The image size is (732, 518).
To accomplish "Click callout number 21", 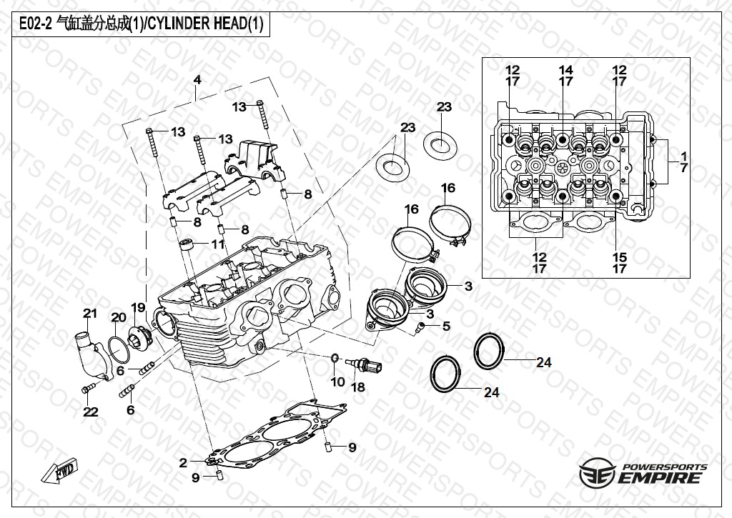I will click(x=89, y=313).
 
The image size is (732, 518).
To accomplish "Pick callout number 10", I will click(x=337, y=382).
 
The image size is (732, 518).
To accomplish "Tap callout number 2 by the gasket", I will click(x=183, y=462).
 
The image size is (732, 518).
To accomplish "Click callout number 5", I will click(x=446, y=327).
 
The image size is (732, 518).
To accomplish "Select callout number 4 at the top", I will click(x=197, y=79).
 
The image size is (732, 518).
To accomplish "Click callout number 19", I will click(x=138, y=307).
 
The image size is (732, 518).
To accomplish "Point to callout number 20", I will click(x=117, y=317).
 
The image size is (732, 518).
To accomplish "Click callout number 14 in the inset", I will click(x=565, y=76).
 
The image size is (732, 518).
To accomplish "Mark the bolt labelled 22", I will click(x=88, y=388).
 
